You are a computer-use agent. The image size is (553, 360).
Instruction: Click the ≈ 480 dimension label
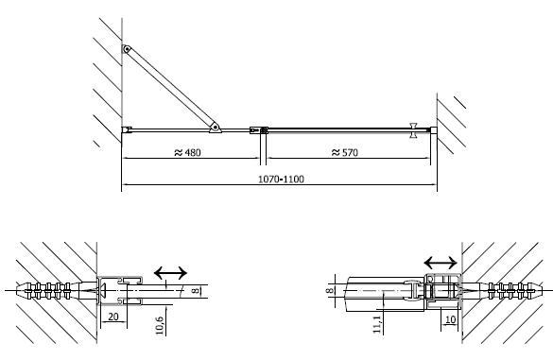click(187, 152)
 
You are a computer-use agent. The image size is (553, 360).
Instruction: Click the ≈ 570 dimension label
click(345, 152)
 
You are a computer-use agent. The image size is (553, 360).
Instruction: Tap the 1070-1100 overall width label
click(281, 180)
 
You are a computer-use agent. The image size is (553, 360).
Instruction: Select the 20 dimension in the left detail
click(112, 317)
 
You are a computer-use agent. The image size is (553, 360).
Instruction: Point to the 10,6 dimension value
click(160, 325)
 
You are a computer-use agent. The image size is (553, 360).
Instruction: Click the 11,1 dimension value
click(377, 324)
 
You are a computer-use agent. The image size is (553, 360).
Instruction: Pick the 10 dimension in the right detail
click(451, 319)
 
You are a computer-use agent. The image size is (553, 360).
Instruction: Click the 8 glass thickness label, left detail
click(195, 291)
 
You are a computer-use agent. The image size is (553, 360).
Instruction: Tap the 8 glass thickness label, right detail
click(329, 290)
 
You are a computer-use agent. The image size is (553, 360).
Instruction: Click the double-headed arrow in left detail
click(170, 272)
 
